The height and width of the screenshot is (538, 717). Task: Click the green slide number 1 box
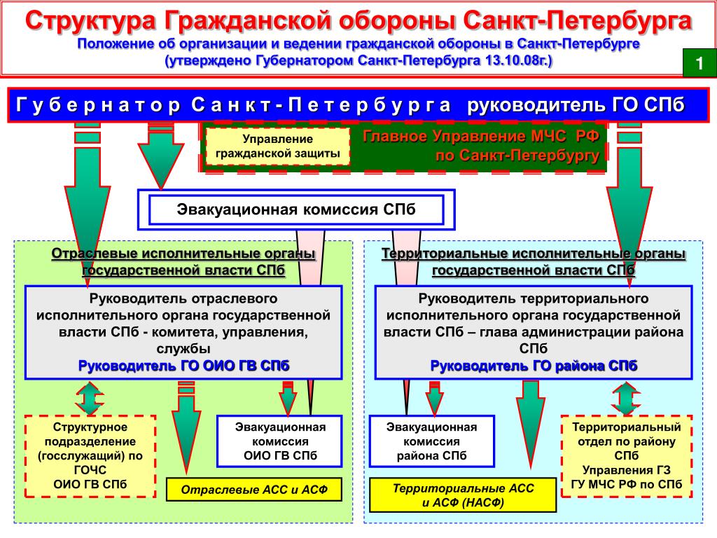point(698,64)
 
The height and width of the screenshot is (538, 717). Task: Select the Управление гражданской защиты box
point(277,146)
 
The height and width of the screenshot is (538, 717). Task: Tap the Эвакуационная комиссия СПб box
point(296,209)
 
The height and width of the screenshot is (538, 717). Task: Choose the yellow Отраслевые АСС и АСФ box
point(253,490)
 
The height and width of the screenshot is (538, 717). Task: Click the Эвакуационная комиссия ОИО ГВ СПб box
point(280,441)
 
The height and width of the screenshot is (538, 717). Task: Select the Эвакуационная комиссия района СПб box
point(432,441)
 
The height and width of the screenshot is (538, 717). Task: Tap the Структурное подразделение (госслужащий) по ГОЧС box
point(90,455)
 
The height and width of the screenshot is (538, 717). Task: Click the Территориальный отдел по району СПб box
point(627,455)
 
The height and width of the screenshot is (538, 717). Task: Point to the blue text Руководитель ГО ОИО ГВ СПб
point(183,366)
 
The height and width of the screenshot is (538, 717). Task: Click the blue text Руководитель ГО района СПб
point(534,366)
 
